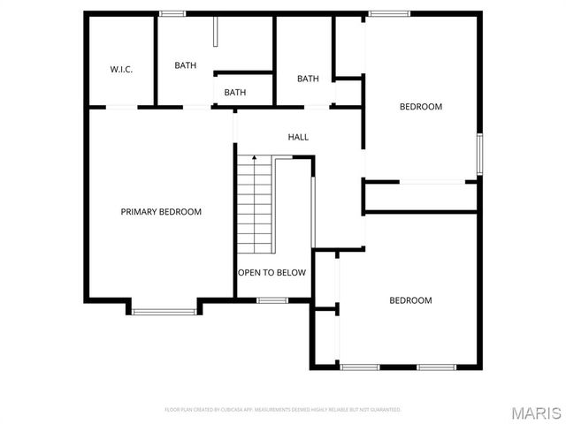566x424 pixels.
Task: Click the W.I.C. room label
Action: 121,69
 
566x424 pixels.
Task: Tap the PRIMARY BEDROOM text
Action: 161,212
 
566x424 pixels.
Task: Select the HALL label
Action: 298,137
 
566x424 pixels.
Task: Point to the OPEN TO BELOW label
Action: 272,272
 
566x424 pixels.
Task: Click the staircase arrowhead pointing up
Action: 255,157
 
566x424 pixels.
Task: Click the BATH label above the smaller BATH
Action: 185,65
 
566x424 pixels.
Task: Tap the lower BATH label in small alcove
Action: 234,92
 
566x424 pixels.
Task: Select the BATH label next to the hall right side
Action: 308,79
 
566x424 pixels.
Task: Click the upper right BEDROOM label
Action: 420,107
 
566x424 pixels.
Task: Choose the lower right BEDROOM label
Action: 410,300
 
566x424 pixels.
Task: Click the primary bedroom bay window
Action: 164,310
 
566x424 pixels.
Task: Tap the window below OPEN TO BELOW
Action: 272,300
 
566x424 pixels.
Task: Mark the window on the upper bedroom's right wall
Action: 479,154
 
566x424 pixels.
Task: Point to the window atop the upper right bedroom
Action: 389,13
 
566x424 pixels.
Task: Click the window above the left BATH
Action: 172,13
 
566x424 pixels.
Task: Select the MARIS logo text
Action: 536,412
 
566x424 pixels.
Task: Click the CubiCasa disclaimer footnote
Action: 283,410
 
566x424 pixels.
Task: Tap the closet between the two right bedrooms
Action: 421,196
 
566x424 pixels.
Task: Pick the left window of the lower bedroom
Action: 360,367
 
